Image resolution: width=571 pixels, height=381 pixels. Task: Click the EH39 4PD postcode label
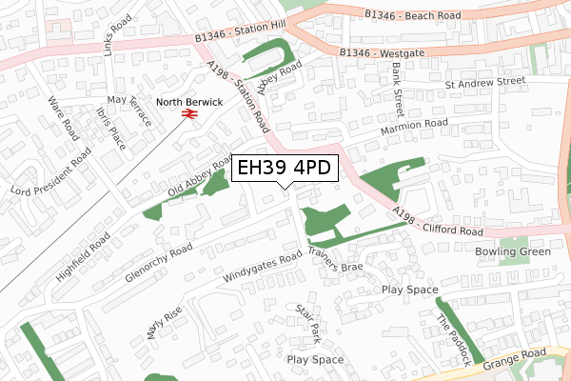pyautogui.click(x=283, y=169)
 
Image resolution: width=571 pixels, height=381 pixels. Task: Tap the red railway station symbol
pyautogui.click(x=189, y=114)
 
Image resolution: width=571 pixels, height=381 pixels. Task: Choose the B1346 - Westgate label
pyautogui.click(x=381, y=53)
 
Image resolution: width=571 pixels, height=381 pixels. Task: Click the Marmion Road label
pyautogui.click(x=413, y=124)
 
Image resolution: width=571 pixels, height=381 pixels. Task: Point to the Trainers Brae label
pyautogui.click(x=335, y=260)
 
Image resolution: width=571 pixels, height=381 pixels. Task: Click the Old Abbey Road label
pyautogui.click(x=201, y=177)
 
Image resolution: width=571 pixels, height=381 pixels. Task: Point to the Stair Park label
pyautogui.click(x=307, y=323)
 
